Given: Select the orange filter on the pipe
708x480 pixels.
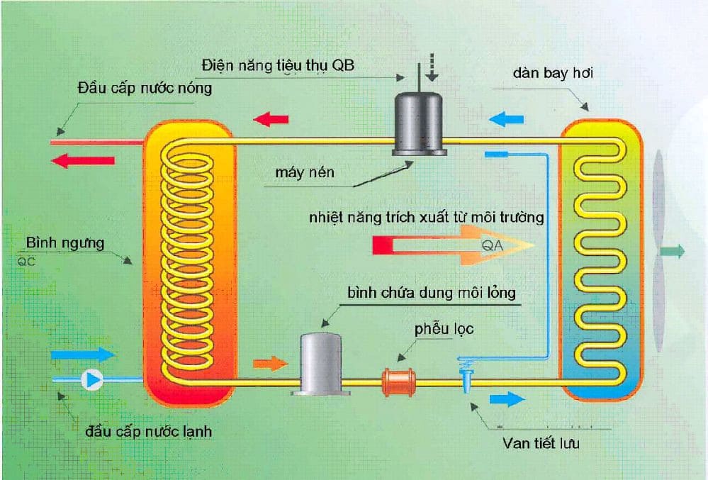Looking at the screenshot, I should (x=398, y=380).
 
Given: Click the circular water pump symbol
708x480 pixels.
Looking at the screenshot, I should (x=92, y=379).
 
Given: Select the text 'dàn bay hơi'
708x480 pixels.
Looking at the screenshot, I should (x=549, y=73).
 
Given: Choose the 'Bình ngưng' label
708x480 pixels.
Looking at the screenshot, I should (x=65, y=243).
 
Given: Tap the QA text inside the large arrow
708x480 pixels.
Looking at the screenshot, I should (x=492, y=245).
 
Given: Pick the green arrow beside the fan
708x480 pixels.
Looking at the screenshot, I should (x=673, y=250).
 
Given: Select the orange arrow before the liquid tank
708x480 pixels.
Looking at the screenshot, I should (x=270, y=364).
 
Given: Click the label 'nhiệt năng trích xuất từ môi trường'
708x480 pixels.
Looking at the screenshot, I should (x=426, y=217).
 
